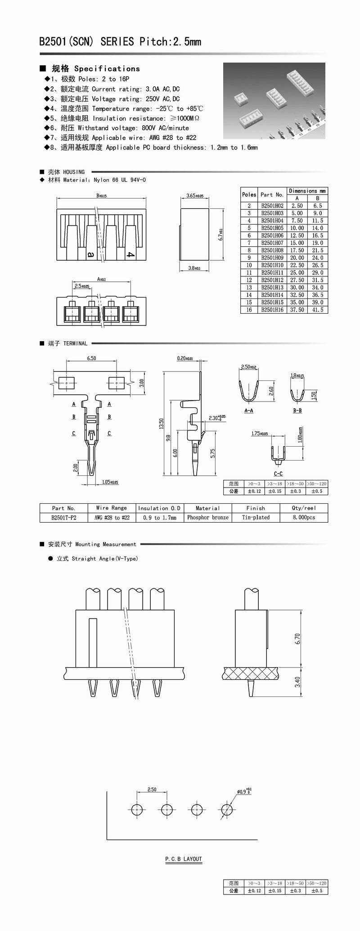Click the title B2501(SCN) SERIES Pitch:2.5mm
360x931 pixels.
[x=120, y=42]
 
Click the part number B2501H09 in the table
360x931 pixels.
[x=272, y=258]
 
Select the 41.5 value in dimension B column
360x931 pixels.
[x=318, y=310]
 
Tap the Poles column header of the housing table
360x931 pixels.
[x=249, y=194]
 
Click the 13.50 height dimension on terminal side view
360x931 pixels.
[x=162, y=424]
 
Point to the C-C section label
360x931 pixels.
[x=278, y=474]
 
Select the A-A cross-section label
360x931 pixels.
[x=248, y=411]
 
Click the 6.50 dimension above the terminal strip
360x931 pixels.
[x=91, y=358]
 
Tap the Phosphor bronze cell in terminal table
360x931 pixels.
[x=207, y=518]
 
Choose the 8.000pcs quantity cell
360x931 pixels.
[x=304, y=518]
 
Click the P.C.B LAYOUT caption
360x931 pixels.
[x=184, y=859]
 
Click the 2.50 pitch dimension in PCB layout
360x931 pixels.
[x=152, y=790]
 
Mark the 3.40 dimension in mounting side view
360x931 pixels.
[x=297, y=682]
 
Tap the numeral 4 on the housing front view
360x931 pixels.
[x=130, y=255]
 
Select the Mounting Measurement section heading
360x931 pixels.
[x=92, y=544]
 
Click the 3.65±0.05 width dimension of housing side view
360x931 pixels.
[x=194, y=196]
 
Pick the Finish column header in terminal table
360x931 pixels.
[x=256, y=508]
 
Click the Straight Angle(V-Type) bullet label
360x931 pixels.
[x=97, y=559]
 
